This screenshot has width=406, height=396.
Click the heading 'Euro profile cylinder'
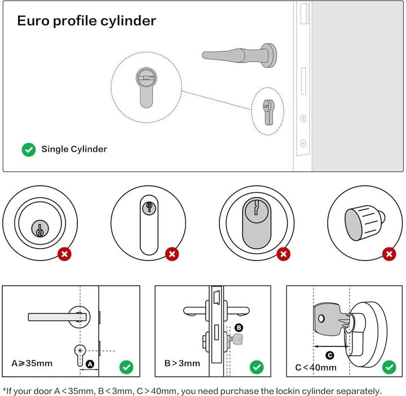click(x=86, y=21)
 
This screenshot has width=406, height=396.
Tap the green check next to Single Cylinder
click(x=28, y=149)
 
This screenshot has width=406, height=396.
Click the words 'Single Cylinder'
click(x=74, y=149)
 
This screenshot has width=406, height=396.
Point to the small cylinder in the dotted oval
click(x=268, y=111)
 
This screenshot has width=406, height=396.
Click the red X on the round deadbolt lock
click(x=65, y=254)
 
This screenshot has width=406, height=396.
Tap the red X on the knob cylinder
click(x=389, y=254)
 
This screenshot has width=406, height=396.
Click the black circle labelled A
click(x=90, y=365)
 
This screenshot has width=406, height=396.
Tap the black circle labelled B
click(x=239, y=328)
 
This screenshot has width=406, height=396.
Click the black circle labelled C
click(x=330, y=355)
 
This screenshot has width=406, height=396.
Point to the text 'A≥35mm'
click(x=32, y=363)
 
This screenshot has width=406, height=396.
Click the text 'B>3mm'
click(x=182, y=363)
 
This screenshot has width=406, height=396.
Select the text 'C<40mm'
click(x=316, y=368)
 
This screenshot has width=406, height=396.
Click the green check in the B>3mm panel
click(x=257, y=367)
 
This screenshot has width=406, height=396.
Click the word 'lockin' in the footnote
click(x=297, y=390)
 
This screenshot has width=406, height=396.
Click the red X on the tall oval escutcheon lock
click(x=173, y=254)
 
